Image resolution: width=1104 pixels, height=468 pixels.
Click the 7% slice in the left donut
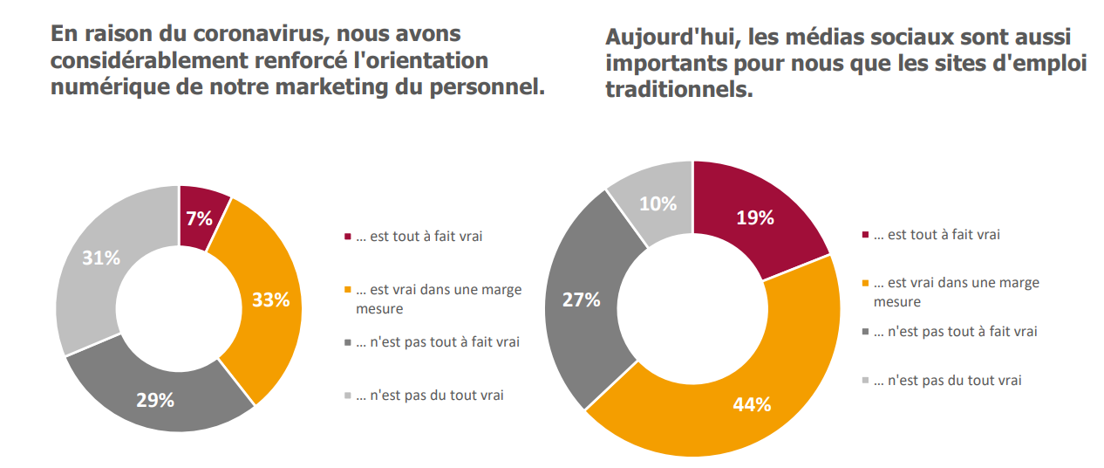201,218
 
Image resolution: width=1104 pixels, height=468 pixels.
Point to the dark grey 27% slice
580,301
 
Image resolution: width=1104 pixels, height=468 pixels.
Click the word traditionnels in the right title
678,88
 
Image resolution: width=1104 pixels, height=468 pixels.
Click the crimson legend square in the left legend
348,237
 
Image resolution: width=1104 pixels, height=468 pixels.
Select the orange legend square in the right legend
865,284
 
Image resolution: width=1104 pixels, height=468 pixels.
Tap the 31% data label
100,258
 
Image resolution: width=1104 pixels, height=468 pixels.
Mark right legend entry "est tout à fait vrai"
937,234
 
